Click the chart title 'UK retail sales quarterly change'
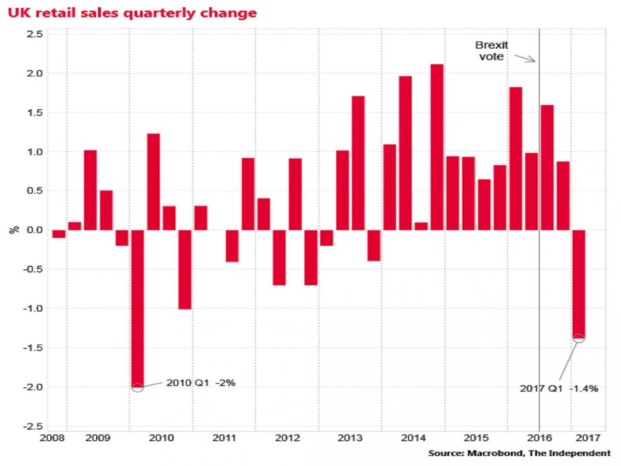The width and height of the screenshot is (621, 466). (132, 13)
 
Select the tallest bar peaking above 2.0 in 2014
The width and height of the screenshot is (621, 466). (437, 147)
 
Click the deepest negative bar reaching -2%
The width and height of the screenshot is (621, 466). (137, 308)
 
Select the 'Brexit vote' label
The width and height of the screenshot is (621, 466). (492, 51)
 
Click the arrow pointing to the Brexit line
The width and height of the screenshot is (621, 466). (527, 59)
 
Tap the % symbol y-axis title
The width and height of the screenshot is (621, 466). (14, 229)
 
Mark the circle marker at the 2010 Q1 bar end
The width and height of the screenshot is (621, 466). (137, 387)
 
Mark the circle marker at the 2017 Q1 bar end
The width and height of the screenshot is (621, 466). (579, 339)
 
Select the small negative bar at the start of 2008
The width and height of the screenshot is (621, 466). (59, 234)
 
